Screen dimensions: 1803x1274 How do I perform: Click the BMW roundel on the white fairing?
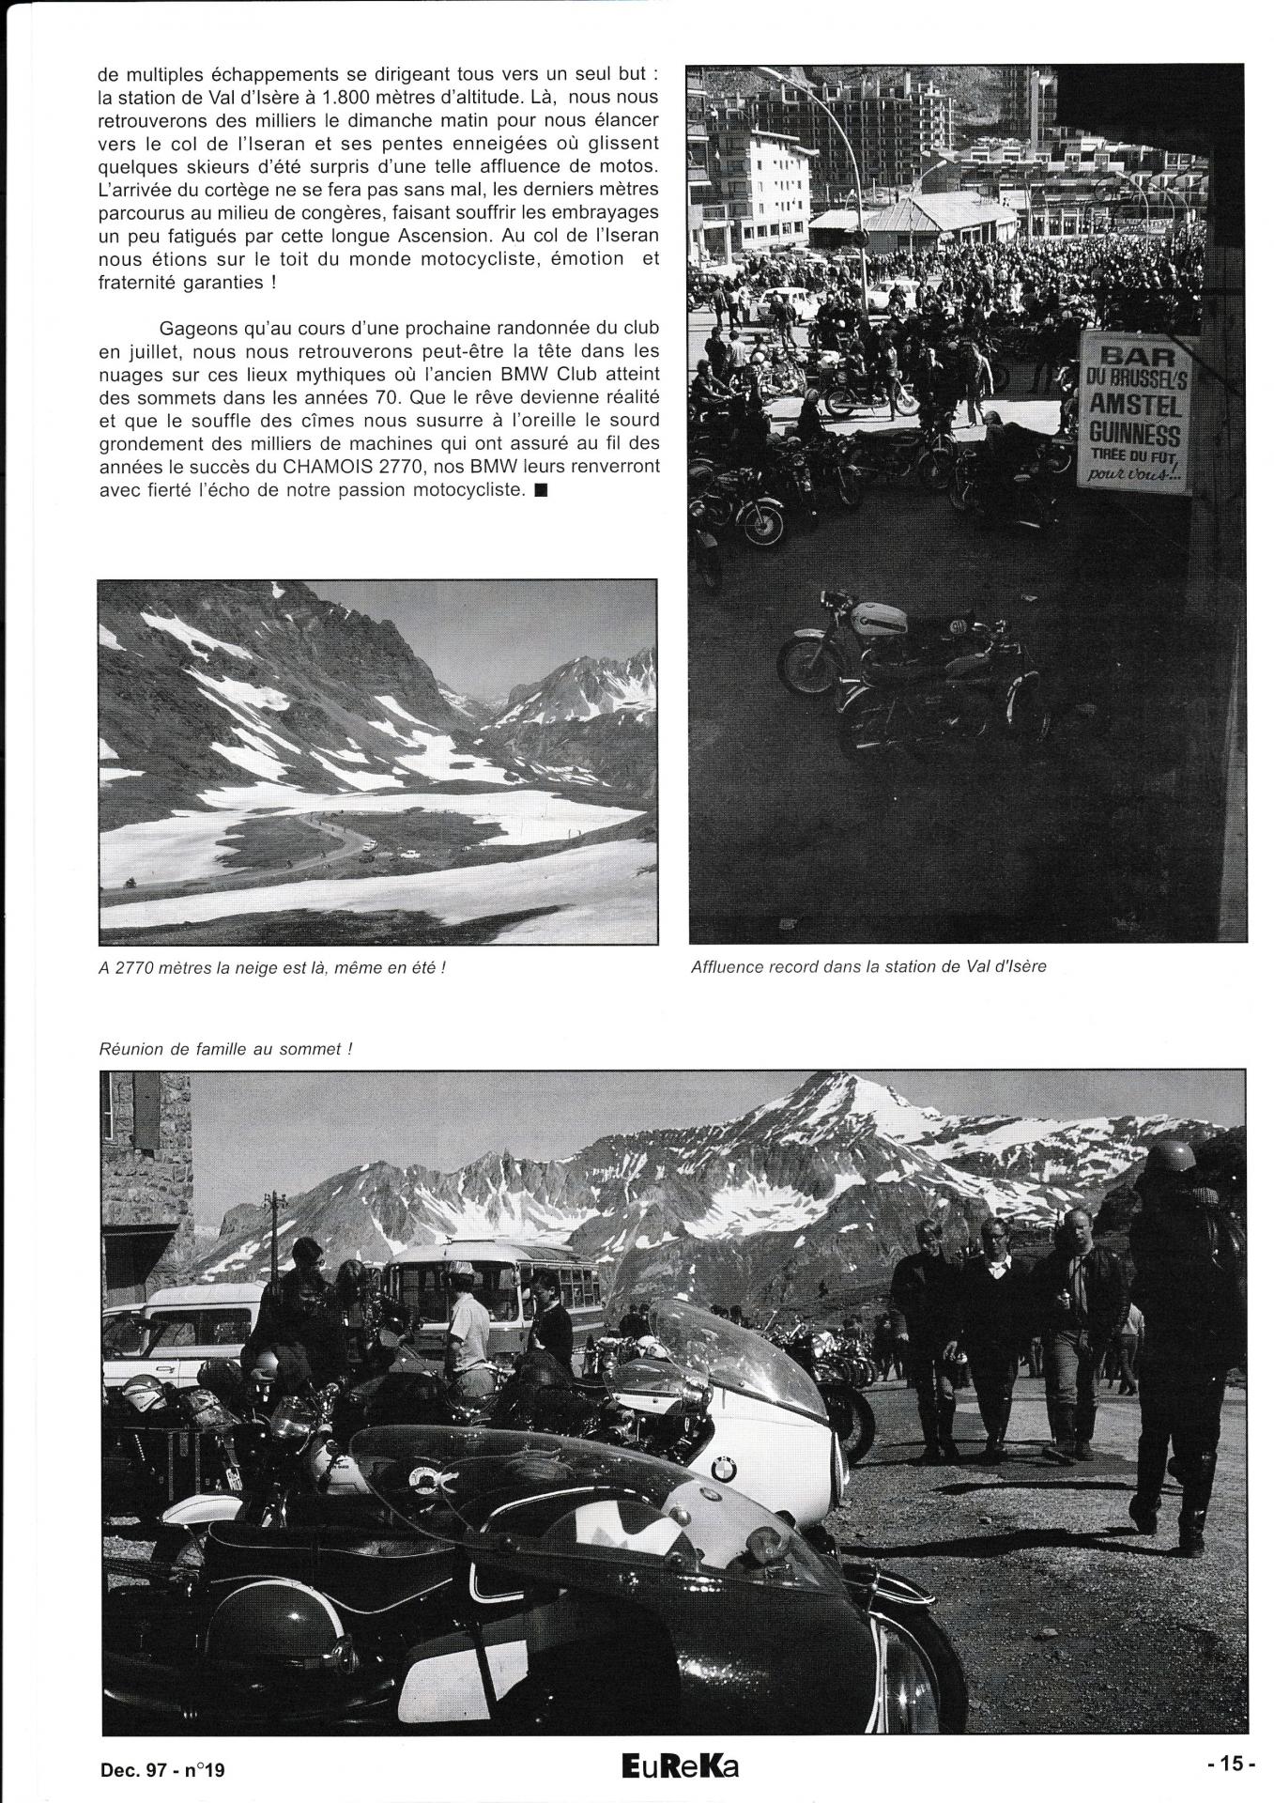(723, 1468)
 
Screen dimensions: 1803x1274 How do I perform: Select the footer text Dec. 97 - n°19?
(161, 1769)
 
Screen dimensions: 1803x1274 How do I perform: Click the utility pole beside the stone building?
(274, 1230)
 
